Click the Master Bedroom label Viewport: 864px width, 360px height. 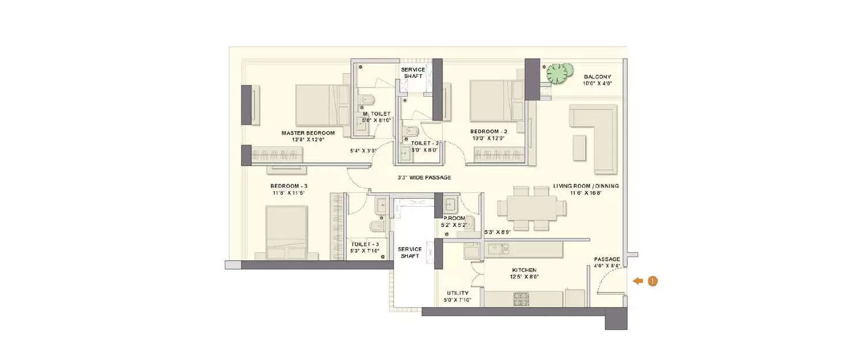tap(308, 132)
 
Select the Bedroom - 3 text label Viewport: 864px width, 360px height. tap(289, 186)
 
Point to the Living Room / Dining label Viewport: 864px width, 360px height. tap(586, 186)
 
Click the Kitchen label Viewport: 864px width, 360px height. tap(524, 270)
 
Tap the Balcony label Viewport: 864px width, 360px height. tap(597, 77)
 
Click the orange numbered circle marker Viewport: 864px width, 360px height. tap(652, 281)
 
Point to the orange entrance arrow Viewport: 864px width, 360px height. tap(637, 281)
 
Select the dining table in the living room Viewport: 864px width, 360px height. tap(532, 207)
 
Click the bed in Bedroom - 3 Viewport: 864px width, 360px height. tap(291, 233)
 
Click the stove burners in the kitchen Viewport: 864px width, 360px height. tap(521, 299)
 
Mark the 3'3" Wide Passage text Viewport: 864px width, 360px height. tap(424, 177)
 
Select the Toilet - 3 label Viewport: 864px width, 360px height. tap(365, 244)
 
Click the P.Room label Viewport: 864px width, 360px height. tap(454, 218)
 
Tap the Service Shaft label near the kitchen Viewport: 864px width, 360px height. tap(410, 252)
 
